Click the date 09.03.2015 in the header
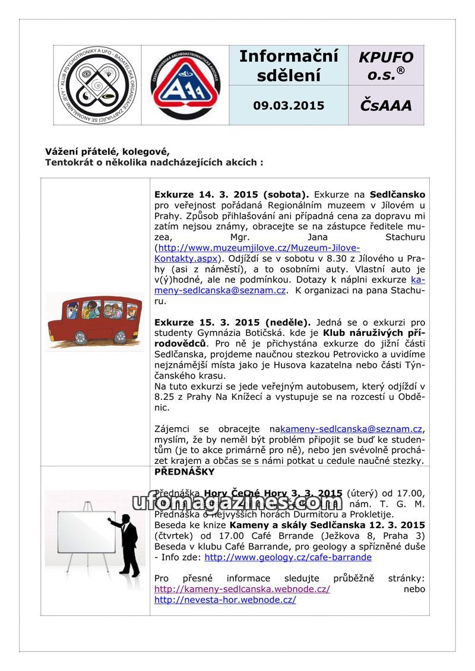pyautogui.click(x=289, y=106)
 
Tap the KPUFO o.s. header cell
pyautogui.click(x=386, y=65)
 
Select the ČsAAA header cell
pyautogui.click(x=386, y=106)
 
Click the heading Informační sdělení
pyautogui.click(x=289, y=65)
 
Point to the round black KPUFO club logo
pyautogui.click(x=97, y=85)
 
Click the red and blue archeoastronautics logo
pyautogui.click(x=185, y=85)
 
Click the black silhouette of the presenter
pyautogui.click(x=128, y=545)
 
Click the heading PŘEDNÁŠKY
pyautogui.click(x=184, y=472)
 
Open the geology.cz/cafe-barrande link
pyautogui.click(x=288, y=557)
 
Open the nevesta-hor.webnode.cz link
pyautogui.click(x=225, y=599)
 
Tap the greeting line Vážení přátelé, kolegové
pyautogui.click(x=107, y=151)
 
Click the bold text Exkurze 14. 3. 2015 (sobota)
pyautogui.click(x=232, y=194)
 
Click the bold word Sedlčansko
pyautogui.click(x=397, y=194)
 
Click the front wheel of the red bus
pyautogui.click(x=119, y=337)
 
